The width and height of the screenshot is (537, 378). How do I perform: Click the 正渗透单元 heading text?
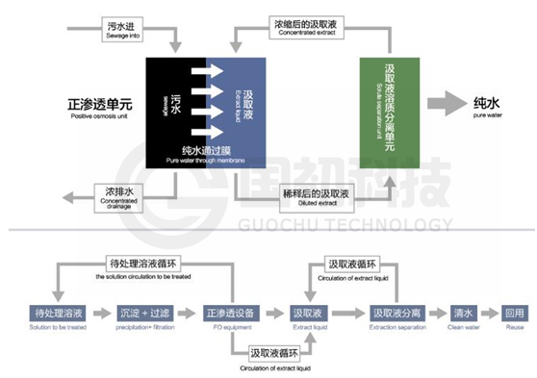pyautogui.click(x=99, y=104)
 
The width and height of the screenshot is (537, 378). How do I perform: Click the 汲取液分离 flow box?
pyautogui.click(x=396, y=315)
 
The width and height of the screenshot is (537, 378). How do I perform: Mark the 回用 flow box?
pyautogui.click(x=514, y=315)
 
